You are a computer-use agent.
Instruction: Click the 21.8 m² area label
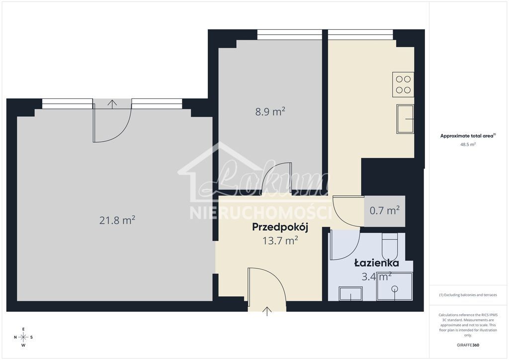(118, 220)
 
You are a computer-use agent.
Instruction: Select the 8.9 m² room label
(270, 111)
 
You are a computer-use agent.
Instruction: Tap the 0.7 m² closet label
(385, 210)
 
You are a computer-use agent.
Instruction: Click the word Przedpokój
(280, 228)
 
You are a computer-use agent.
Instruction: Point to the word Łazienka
(376, 263)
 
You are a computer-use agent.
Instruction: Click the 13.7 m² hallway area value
(280, 241)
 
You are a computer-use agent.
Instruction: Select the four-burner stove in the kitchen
(403, 85)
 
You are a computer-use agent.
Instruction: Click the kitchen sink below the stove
(405, 119)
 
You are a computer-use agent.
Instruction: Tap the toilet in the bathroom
(389, 246)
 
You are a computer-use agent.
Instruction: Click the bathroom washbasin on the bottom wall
(350, 294)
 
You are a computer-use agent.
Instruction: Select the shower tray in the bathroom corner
(394, 287)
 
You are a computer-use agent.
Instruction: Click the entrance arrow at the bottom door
(267, 311)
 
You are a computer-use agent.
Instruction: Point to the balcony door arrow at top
(113, 104)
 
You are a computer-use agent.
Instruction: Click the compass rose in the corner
(23, 337)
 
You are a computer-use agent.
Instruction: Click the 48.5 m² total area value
(468, 144)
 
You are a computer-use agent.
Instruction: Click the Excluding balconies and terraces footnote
(468, 295)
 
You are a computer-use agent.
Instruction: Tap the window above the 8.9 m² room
(289, 34)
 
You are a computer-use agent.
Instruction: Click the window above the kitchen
(360, 34)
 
